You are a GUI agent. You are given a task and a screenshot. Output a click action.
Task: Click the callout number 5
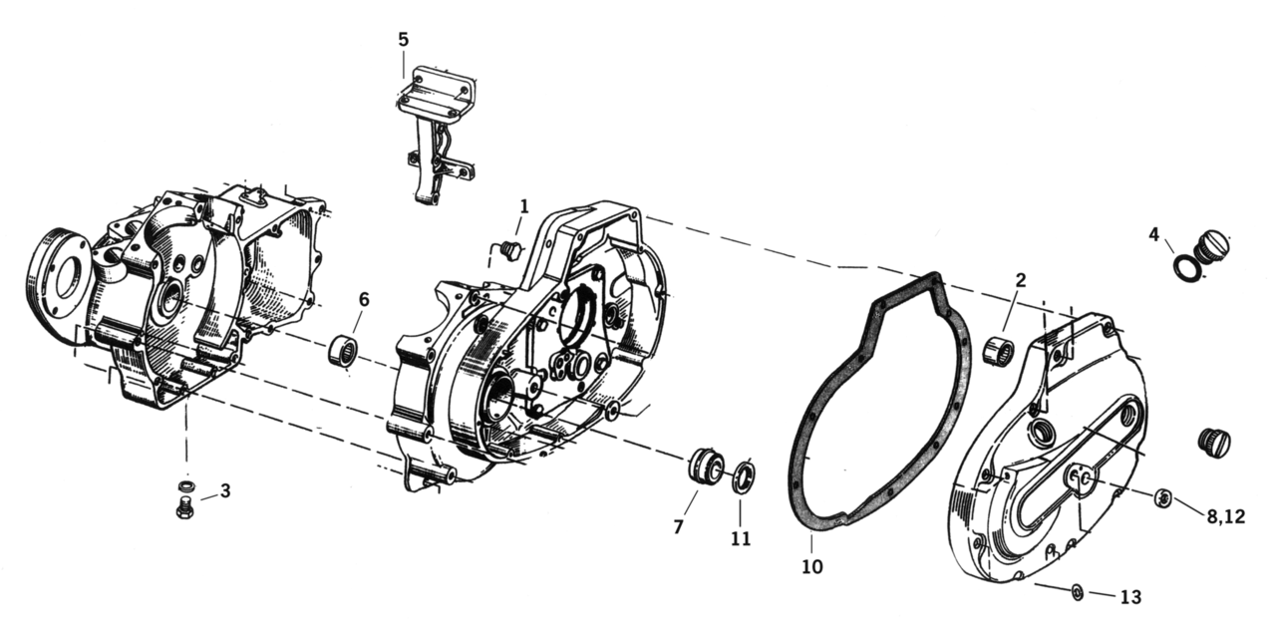(x=403, y=39)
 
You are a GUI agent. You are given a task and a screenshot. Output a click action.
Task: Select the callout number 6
(x=363, y=299)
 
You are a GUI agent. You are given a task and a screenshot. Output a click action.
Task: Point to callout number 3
(x=225, y=490)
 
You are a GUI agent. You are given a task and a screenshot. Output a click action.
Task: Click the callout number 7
(x=678, y=527)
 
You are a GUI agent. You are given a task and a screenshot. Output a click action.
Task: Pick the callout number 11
(x=740, y=539)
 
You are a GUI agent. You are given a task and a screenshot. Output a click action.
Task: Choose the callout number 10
(x=811, y=568)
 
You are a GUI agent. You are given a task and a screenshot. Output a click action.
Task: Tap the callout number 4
(x=1153, y=235)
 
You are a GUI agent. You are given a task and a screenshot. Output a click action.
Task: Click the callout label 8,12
(x=1225, y=516)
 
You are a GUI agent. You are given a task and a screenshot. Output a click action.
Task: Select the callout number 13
(x=1129, y=597)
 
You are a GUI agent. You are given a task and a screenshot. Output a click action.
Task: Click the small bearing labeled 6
(x=343, y=351)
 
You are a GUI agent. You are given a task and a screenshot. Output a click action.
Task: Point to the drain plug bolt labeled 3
(x=183, y=509)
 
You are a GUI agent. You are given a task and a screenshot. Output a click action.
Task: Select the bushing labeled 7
(x=706, y=467)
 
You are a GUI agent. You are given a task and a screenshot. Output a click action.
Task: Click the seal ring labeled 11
(x=743, y=474)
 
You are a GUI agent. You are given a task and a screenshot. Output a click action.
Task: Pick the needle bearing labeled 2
(x=999, y=351)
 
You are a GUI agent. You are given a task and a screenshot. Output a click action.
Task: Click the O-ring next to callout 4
(x=1185, y=268)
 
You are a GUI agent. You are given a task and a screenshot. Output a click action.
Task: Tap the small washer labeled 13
(x=1078, y=592)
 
